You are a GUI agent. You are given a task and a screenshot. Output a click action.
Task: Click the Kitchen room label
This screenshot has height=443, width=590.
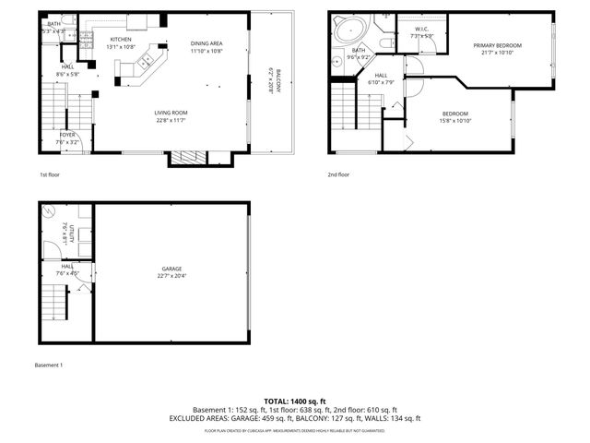[121, 40]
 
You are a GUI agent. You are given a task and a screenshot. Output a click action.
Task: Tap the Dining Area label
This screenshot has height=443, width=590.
[206, 44]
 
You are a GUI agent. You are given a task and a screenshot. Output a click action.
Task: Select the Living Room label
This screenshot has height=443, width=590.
[171, 114]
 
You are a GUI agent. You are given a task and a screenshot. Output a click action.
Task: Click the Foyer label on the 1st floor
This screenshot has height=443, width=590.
[67, 135]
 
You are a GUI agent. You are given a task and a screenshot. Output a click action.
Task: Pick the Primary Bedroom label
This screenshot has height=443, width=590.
[498, 45]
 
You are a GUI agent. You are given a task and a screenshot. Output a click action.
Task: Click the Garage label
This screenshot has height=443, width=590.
[171, 269]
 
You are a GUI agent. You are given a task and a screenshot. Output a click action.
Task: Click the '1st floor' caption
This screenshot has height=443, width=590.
[50, 174]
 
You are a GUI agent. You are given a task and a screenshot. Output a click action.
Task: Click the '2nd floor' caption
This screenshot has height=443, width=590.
[338, 174]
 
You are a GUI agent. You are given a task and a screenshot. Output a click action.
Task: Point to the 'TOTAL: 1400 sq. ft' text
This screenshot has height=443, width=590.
[294, 401]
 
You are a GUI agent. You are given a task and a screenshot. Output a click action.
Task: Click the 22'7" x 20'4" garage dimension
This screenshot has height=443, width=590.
[171, 275]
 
